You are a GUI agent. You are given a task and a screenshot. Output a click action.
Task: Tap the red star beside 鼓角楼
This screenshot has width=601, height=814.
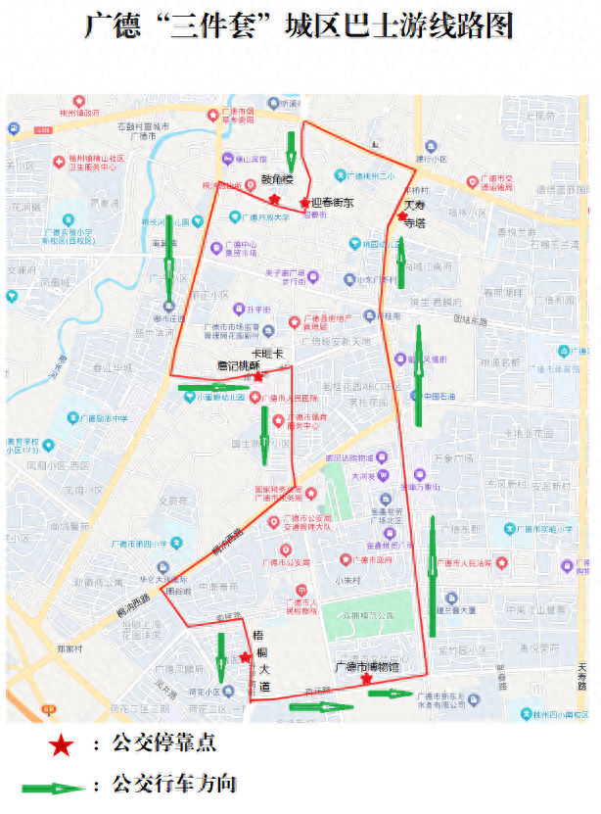click(x=260, y=199)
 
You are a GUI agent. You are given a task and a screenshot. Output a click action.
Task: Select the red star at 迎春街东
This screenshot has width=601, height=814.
click(x=304, y=203)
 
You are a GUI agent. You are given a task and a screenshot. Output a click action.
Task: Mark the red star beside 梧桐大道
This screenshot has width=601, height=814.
click(x=245, y=657)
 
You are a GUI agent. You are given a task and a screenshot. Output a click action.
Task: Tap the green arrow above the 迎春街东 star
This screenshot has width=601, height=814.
click(x=291, y=150)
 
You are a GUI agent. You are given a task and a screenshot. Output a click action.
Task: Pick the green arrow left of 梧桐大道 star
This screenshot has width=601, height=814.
click(x=221, y=657)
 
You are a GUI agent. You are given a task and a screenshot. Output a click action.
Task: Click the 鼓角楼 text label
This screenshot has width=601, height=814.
click(x=276, y=180)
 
